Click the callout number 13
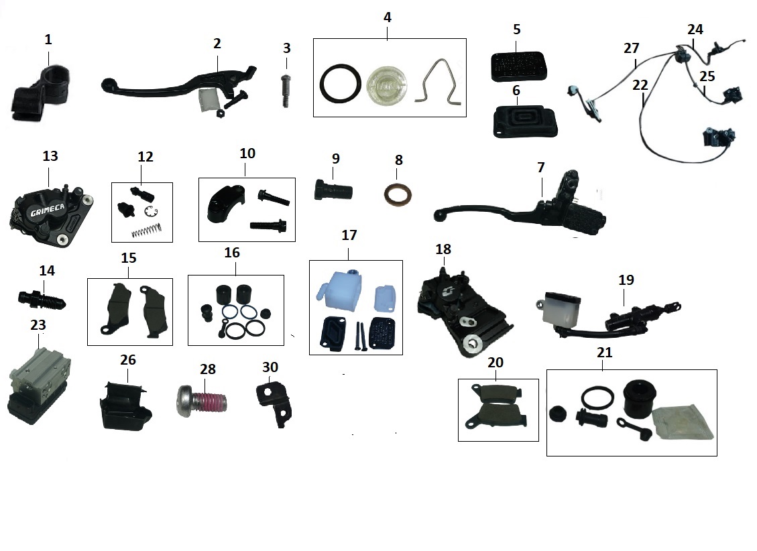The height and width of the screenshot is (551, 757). pos(50,156)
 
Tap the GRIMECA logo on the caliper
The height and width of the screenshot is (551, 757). pos(48,210)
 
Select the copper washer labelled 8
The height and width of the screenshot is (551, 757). pos(398,195)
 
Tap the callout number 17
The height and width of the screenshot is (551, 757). pos(349,236)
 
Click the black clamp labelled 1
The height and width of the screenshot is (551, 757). pos(42,95)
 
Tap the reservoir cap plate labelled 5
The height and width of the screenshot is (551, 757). pos(516,66)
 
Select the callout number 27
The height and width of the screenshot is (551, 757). pos(631,48)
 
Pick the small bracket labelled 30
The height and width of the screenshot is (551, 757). pos(276,402)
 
